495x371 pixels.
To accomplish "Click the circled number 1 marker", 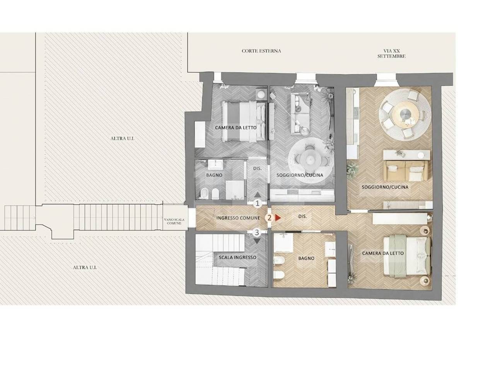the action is [257, 203].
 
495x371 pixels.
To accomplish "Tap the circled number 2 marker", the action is [269, 218].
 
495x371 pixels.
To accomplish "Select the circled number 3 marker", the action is [257, 232].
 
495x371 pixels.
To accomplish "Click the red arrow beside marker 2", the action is [278, 218].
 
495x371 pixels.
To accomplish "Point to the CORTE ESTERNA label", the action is [261, 51].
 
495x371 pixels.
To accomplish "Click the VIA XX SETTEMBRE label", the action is [391, 54].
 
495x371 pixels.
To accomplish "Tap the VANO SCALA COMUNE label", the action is [174, 221].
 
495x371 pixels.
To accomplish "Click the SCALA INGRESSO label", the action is [237, 257].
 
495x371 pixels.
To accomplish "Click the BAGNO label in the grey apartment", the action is [214, 175].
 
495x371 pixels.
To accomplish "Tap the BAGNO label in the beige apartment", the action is [306, 259].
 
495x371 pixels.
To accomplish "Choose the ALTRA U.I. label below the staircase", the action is [85, 267].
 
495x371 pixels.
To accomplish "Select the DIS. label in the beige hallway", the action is [302, 216].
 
